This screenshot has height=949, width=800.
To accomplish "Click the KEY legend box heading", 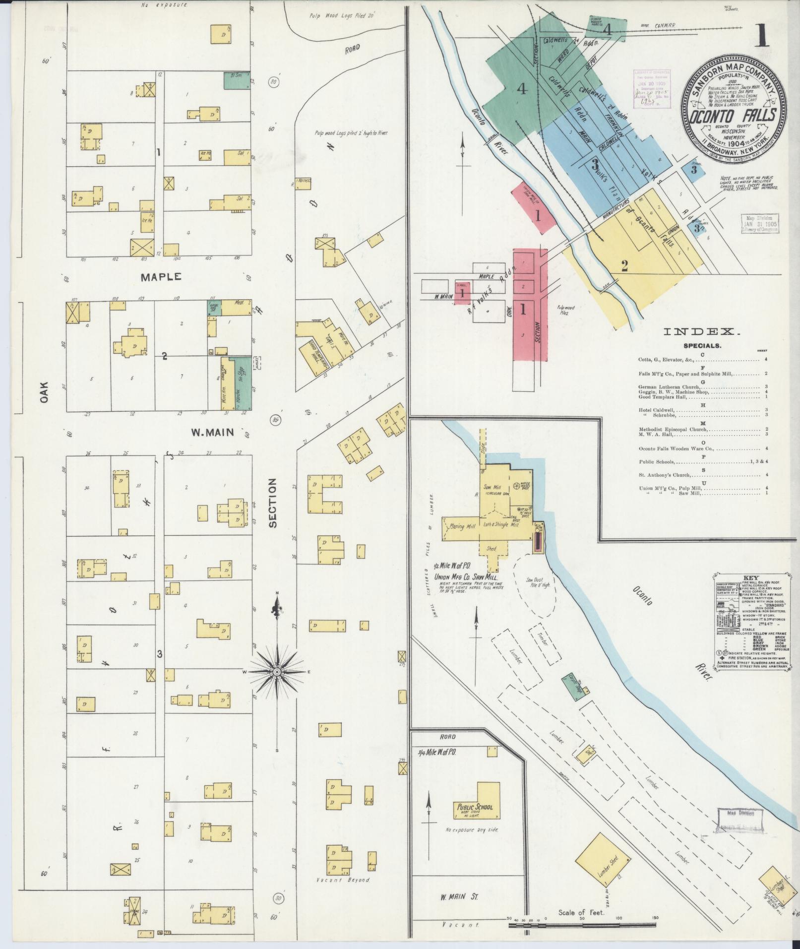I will point(749,577).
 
